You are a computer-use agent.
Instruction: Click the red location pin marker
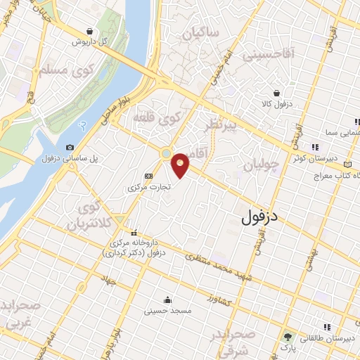181,165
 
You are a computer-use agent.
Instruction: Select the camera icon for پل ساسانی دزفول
69,148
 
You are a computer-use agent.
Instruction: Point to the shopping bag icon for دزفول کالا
277,93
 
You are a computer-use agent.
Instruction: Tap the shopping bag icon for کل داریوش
89,31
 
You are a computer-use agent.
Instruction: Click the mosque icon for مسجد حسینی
168,298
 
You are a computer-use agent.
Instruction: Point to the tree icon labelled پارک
287,336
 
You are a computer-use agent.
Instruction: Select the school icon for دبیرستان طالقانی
326,328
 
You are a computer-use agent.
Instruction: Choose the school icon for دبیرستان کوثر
314,147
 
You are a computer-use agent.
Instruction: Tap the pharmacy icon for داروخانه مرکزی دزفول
134,233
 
